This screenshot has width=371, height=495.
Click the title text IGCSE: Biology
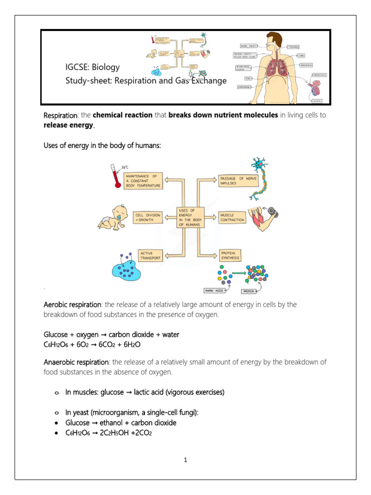tap(92, 67)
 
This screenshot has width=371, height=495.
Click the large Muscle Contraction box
tap(232, 217)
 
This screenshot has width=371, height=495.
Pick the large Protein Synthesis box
tap(230, 255)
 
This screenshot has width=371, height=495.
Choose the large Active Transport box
tap(150, 255)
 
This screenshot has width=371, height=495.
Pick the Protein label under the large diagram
tap(249, 291)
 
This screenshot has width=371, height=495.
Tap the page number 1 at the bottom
tap(185, 460)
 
